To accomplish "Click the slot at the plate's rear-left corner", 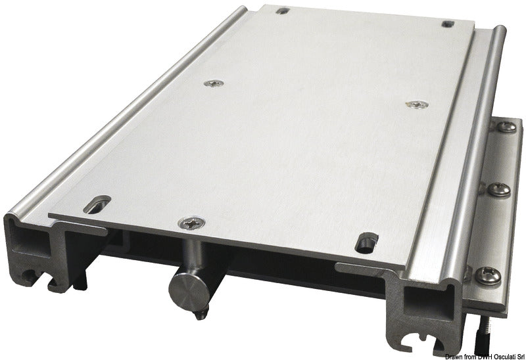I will coord(282,11).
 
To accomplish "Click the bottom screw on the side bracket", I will coord(490,277).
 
